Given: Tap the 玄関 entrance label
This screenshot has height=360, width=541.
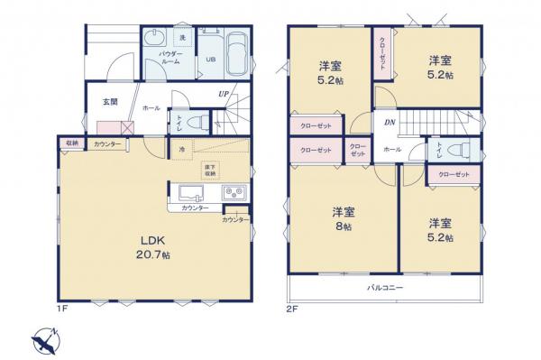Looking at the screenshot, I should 110,102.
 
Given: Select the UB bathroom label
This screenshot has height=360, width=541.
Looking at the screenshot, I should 210,60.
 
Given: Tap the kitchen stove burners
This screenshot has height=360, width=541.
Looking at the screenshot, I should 234,192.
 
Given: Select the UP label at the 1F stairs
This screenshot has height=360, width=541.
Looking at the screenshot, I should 223,93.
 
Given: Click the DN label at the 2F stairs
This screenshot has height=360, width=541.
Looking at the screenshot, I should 389,122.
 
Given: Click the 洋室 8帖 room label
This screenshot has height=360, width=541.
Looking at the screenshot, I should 342,219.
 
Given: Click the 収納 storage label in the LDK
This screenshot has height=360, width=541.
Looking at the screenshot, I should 70,143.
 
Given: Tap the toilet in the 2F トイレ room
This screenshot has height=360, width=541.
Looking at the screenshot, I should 463,150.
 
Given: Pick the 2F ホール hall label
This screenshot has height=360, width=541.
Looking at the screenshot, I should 392,150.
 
